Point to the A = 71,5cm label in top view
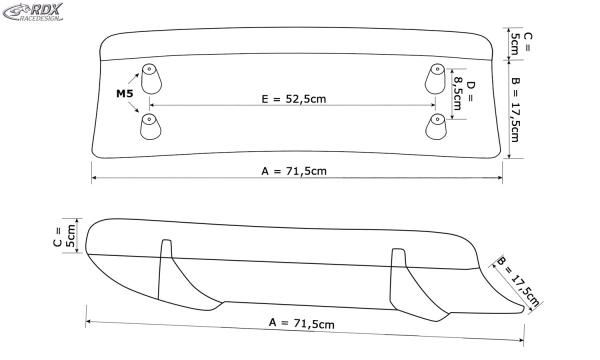coord(295,172)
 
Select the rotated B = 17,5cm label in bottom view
coord(518,282)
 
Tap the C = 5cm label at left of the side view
coord(65,236)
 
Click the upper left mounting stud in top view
coord(150,79)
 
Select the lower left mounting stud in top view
coord(150,125)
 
